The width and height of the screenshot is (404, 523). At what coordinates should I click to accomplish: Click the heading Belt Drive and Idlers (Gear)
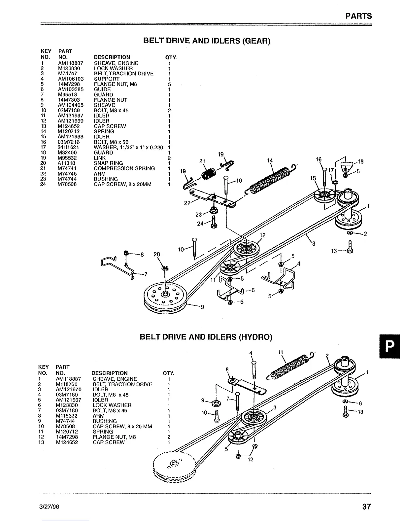207,41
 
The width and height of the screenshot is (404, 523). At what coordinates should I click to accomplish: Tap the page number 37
366,506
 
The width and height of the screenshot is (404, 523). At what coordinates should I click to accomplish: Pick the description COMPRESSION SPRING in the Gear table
124,168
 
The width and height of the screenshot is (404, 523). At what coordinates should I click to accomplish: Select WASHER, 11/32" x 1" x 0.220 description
128,147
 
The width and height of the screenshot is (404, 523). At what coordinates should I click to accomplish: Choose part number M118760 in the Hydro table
67,384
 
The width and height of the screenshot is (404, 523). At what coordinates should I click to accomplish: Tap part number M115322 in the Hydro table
67,416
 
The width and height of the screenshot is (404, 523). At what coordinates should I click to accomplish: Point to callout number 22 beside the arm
187,203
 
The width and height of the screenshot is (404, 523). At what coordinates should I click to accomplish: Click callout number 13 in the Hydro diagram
360,412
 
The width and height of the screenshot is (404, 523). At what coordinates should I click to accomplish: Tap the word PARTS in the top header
358,16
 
